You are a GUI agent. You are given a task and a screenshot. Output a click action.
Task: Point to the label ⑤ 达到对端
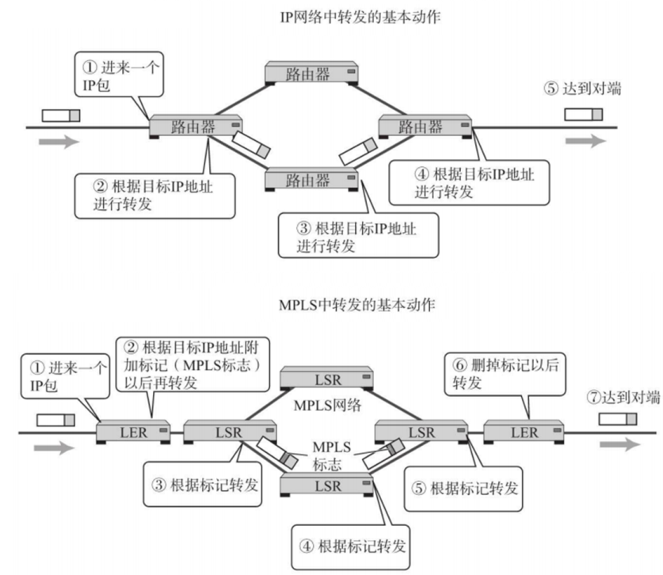pos(582,89)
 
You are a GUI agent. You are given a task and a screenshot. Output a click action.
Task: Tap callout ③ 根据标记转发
pos(205,486)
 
